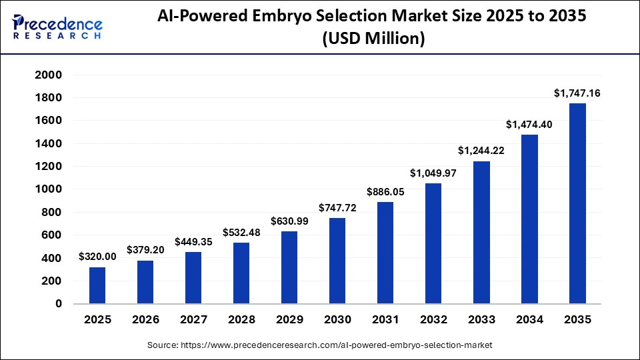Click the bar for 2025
click(97, 285)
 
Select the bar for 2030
click(337, 261)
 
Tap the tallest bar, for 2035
click(577, 203)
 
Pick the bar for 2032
click(433, 243)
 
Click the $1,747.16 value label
click(577, 93)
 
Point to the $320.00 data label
click(97, 257)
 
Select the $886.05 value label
click(385, 192)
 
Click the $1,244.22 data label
click(481, 151)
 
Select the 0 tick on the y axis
click(58, 303)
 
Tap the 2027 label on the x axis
click(193, 320)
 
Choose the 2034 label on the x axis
click(529, 320)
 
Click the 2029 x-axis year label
click(289, 320)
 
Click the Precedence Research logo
click(57, 27)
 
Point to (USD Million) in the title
click(372, 39)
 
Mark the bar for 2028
click(241, 273)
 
